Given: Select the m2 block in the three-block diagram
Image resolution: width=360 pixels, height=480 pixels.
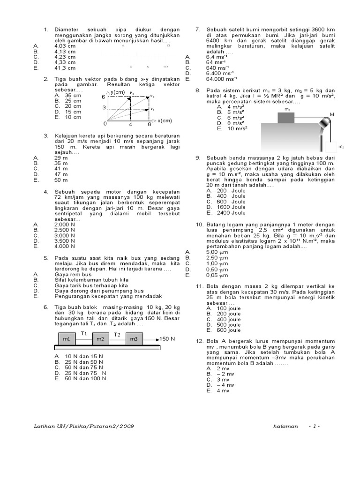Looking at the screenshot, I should [x=100, y=339].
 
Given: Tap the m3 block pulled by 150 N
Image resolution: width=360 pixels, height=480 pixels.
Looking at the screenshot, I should [x=134, y=339].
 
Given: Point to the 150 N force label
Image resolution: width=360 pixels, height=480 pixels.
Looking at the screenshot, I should [x=167, y=338].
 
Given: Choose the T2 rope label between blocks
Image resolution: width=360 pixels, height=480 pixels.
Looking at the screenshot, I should [x=118, y=335].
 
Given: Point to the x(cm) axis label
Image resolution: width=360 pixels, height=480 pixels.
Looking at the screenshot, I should [x=165, y=120].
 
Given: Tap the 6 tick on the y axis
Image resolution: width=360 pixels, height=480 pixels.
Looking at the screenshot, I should [x=104, y=97].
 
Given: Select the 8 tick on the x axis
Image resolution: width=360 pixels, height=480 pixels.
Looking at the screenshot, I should [x=149, y=124].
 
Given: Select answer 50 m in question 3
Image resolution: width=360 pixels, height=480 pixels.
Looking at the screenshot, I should [x=61, y=180].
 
